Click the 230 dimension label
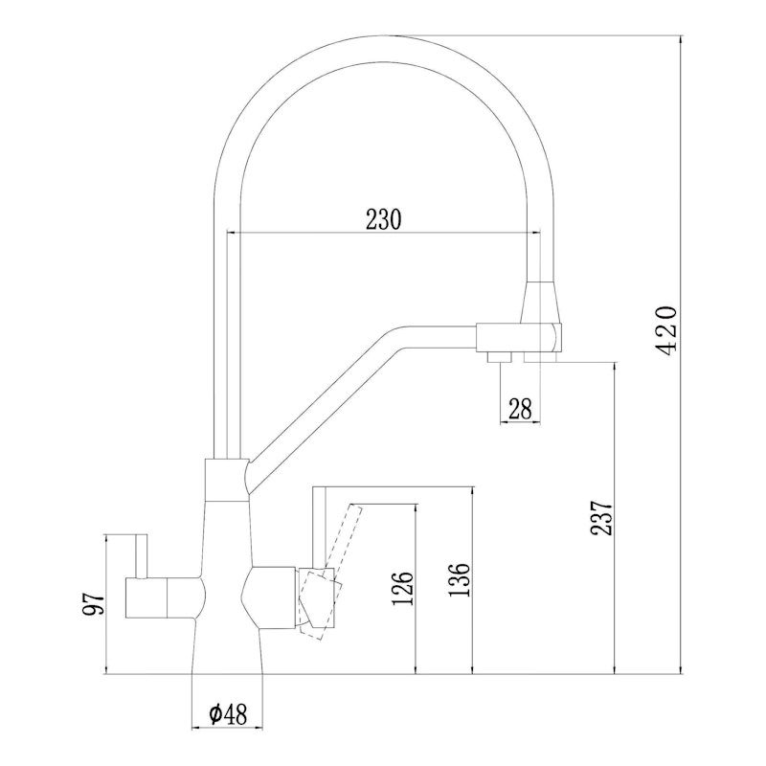(382, 218)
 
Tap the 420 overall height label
(667, 333)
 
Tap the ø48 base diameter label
(228, 712)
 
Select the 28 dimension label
(520, 409)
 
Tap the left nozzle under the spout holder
(496, 357)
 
